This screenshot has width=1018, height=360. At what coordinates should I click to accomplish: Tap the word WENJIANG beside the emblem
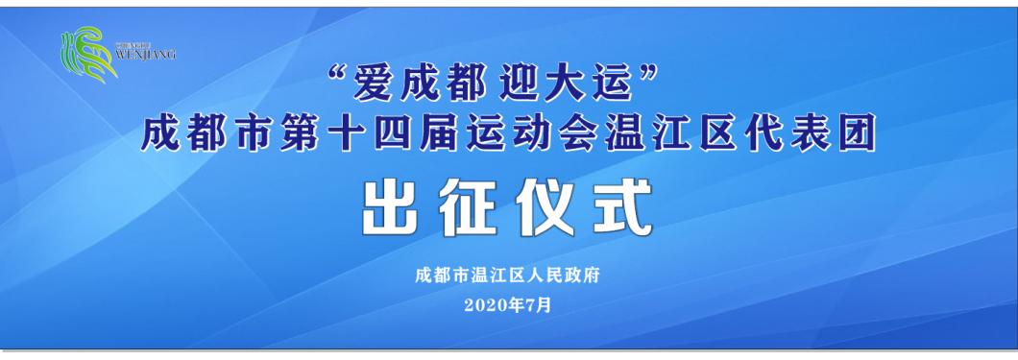145,55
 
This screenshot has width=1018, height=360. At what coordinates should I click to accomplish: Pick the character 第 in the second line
305,135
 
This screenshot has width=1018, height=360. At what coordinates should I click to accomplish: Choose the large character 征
470,207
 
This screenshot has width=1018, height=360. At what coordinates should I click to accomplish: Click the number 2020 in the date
485,305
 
